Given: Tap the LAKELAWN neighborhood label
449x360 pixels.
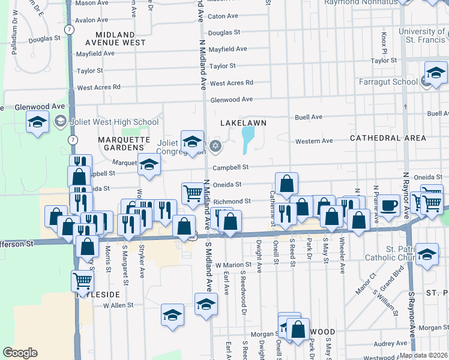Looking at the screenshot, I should point(243,122).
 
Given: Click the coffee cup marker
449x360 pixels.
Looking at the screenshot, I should point(389,205).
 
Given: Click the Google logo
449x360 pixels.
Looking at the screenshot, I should point(20,353).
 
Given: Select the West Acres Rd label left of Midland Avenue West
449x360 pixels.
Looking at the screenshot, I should point(99,87).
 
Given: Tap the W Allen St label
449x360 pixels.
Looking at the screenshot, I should point(118,305).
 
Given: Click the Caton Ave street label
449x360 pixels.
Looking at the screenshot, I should point(223,16).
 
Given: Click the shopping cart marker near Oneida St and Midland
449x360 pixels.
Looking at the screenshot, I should point(193,193).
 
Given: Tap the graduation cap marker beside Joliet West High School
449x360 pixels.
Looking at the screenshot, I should point(37,123).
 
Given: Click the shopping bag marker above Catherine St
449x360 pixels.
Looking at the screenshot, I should point(287,183).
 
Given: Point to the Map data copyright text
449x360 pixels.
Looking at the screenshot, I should point(423,355).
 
